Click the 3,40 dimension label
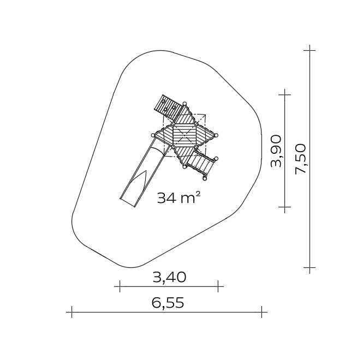(x=169, y=277)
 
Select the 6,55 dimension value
(x=168, y=303)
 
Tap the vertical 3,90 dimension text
(x=276, y=151)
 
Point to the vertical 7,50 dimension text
(x=300, y=159)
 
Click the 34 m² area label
(x=178, y=198)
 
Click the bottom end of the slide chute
(x=128, y=202)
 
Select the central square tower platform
(x=185, y=136)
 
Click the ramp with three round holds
(x=168, y=107)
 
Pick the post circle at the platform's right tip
(x=216, y=136)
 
